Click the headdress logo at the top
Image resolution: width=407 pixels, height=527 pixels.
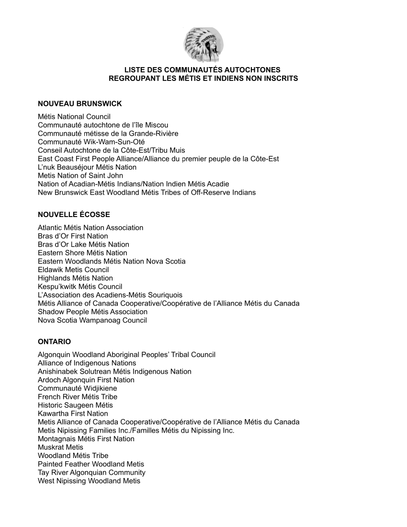(x=203, y=45)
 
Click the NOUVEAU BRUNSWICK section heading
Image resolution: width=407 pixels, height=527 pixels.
(x=80, y=103)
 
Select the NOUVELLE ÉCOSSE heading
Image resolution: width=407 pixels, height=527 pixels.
(x=74, y=214)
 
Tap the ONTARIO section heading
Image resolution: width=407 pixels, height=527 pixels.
(x=54, y=342)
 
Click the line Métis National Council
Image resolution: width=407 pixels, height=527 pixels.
(x=74, y=116)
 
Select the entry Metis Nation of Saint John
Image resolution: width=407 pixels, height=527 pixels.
(x=80, y=175)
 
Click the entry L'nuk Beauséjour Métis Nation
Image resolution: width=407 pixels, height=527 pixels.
(x=87, y=167)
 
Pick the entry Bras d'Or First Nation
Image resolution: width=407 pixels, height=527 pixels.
(x=73, y=236)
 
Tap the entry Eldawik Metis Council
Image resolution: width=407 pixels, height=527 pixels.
(x=73, y=269)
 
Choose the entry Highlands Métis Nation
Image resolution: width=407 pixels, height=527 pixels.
(x=75, y=278)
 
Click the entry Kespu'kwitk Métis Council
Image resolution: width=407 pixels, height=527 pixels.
(x=80, y=286)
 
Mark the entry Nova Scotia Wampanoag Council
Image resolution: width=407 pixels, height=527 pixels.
(x=92, y=320)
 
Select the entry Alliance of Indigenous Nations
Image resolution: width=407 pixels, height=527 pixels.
(x=87, y=363)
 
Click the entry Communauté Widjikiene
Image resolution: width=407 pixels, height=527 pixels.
(x=77, y=388)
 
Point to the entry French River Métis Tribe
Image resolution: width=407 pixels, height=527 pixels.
(x=78, y=397)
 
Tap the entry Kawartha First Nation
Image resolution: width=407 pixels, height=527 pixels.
(x=73, y=413)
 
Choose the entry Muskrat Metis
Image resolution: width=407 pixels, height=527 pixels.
(x=60, y=447)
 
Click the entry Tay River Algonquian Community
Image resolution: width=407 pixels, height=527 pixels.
(x=91, y=472)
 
